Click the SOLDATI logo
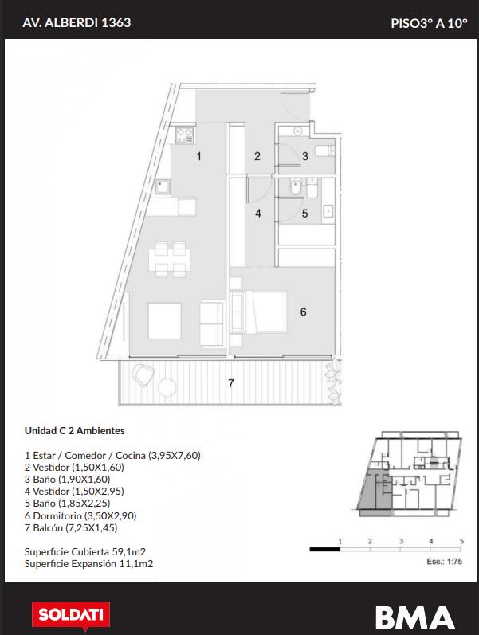pyautogui.click(x=71, y=616)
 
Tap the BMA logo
pyautogui.click(x=414, y=617)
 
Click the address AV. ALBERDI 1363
pyautogui.click(x=77, y=22)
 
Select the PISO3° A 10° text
pyautogui.click(x=429, y=23)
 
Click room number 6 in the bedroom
pyautogui.click(x=303, y=312)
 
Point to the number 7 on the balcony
pyautogui.click(x=230, y=382)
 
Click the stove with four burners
pyautogui.click(x=185, y=135)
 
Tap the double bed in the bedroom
pyautogui.click(x=266, y=311)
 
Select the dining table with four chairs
pyautogui.click(x=170, y=259)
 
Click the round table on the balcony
pyautogui.click(x=167, y=386)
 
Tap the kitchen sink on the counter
pyautogui.click(x=163, y=186)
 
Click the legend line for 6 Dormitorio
pyautogui.click(x=80, y=516)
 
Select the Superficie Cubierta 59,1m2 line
pyautogui.click(x=84, y=551)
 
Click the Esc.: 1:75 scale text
pyautogui.click(x=444, y=562)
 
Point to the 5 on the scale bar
pyautogui.click(x=461, y=541)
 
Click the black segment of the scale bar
pyautogui.click(x=325, y=550)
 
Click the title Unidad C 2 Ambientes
pyautogui.click(x=75, y=430)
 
